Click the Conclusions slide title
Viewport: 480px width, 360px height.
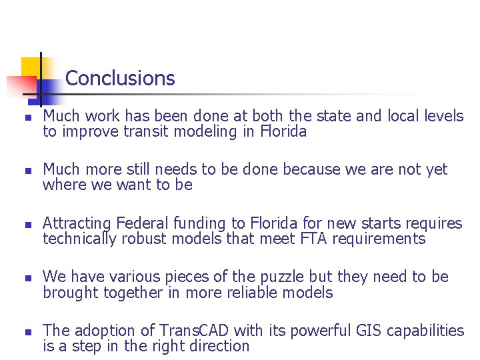(120, 79)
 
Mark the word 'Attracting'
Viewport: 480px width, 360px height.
(77, 223)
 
